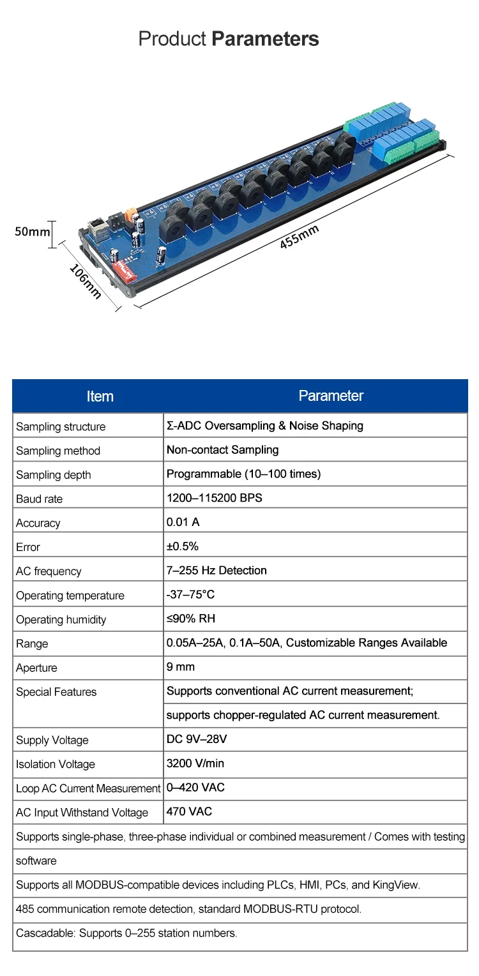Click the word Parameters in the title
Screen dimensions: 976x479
[x=265, y=39]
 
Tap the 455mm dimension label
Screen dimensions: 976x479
[x=300, y=238]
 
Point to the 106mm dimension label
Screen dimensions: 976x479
[x=85, y=281]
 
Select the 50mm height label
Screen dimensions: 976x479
[x=32, y=231]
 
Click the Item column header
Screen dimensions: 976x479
[x=100, y=396]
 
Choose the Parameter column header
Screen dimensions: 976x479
[x=331, y=396]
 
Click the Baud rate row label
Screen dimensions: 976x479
[x=40, y=499]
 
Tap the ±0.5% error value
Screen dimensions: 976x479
[x=183, y=546]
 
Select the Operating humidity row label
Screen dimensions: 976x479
[x=61, y=620]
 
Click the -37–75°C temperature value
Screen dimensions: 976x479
[x=190, y=594]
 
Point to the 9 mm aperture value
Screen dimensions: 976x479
[x=181, y=667]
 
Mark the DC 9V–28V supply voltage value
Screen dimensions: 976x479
[x=197, y=739]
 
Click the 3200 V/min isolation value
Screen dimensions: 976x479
[x=195, y=763]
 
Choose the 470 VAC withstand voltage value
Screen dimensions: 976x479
[x=189, y=812]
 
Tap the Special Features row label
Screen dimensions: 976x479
[x=56, y=692]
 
